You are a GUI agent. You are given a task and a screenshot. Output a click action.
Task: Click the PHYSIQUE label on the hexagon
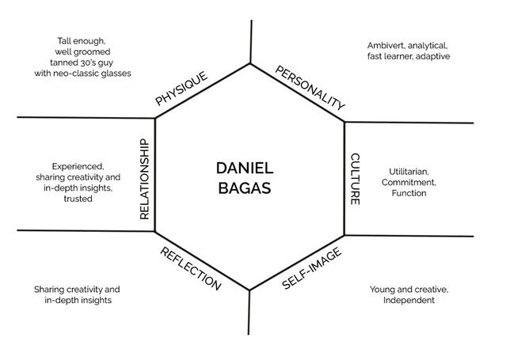click(x=181, y=89)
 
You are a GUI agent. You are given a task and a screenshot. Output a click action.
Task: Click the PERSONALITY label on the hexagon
click(x=310, y=88)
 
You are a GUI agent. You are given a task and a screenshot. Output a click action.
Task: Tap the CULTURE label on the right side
click(x=355, y=179)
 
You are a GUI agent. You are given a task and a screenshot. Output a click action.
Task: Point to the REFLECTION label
click(x=191, y=269)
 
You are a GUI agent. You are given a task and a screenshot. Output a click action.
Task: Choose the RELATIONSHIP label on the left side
click(x=144, y=179)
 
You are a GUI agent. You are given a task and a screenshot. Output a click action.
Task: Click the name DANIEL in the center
click(x=244, y=168)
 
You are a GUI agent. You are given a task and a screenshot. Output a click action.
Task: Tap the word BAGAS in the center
click(x=244, y=188)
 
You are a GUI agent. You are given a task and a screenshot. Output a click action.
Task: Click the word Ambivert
click(x=388, y=45)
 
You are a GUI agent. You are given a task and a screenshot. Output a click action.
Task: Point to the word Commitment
click(x=408, y=182)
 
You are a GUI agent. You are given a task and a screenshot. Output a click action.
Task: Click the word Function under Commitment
click(x=409, y=193)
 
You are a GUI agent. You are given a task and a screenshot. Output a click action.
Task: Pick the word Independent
click(x=409, y=301)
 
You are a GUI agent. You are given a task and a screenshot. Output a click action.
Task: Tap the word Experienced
click(x=78, y=166)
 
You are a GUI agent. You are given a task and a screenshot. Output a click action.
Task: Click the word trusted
click(x=78, y=199)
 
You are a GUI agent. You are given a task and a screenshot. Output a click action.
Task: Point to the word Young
click(x=382, y=290)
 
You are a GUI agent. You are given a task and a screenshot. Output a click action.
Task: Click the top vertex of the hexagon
click(x=250, y=63)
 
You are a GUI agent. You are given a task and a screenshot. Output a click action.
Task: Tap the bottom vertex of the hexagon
click(x=250, y=290)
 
